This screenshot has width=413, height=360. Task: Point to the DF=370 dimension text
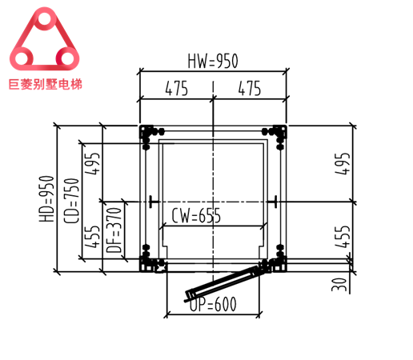[x=114, y=233]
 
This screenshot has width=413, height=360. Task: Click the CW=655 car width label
[x=196, y=215]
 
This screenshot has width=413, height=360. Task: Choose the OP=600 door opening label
[x=214, y=304]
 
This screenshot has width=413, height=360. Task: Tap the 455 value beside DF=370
[x=93, y=237]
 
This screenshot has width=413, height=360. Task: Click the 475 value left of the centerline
[x=176, y=89]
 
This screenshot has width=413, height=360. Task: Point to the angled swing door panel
[x=227, y=282]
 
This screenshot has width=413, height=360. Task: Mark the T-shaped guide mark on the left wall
[x=150, y=200]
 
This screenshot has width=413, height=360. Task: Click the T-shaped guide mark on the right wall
[x=274, y=200]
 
